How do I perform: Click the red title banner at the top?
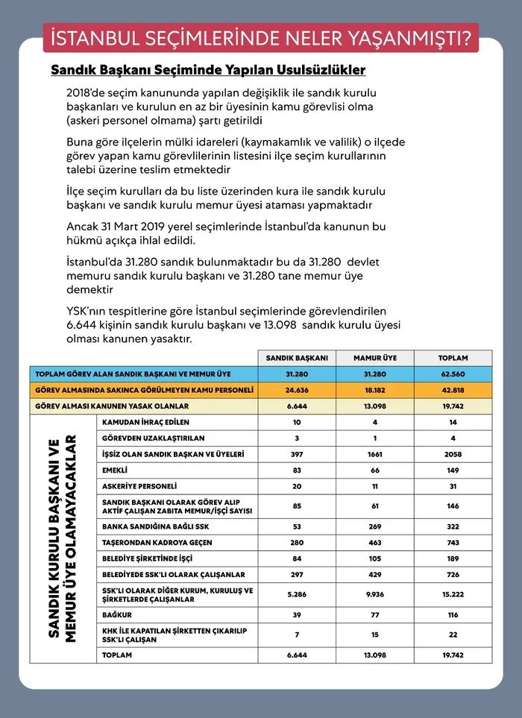(261, 37)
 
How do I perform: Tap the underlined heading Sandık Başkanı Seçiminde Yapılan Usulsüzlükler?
(208, 71)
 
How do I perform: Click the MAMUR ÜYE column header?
(376, 358)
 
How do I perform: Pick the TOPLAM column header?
(453, 358)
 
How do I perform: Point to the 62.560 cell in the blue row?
(453, 374)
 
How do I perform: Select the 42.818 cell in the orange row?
(453, 390)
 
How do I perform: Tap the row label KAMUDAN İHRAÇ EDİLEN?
(141, 422)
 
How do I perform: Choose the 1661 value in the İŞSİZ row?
(376, 454)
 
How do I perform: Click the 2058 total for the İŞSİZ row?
(453, 454)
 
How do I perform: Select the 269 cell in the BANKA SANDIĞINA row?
(376, 526)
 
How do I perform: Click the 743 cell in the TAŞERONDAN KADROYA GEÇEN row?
(453, 543)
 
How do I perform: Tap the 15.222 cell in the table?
(453, 595)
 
